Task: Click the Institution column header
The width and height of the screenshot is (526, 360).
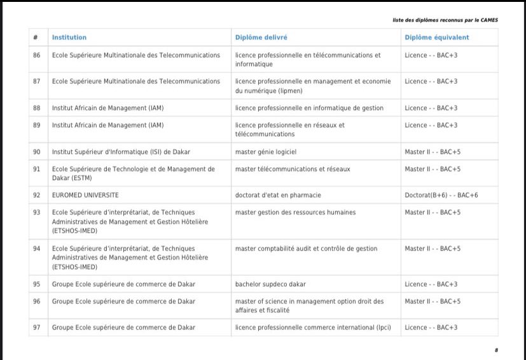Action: (x=69, y=38)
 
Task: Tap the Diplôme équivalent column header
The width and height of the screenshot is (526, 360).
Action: (x=437, y=38)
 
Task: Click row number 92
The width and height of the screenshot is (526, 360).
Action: (x=37, y=195)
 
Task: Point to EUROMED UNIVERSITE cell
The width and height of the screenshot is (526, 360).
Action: (x=85, y=195)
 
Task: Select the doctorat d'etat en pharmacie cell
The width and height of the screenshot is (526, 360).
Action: (x=278, y=195)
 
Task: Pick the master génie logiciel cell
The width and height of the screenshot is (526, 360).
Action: (x=266, y=152)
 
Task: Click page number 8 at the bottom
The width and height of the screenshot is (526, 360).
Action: (x=496, y=350)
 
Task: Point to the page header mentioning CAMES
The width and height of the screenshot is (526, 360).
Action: (x=445, y=20)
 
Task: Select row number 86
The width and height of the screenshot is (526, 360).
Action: (x=37, y=55)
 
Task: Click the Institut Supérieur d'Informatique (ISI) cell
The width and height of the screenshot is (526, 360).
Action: (x=121, y=152)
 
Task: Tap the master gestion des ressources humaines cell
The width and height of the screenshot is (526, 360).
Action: (x=295, y=212)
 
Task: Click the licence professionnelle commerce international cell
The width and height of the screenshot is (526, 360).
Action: (x=313, y=328)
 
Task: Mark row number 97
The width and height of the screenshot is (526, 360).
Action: (x=37, y=328)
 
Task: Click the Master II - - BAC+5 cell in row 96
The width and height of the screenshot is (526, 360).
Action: (x=433, y=301)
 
